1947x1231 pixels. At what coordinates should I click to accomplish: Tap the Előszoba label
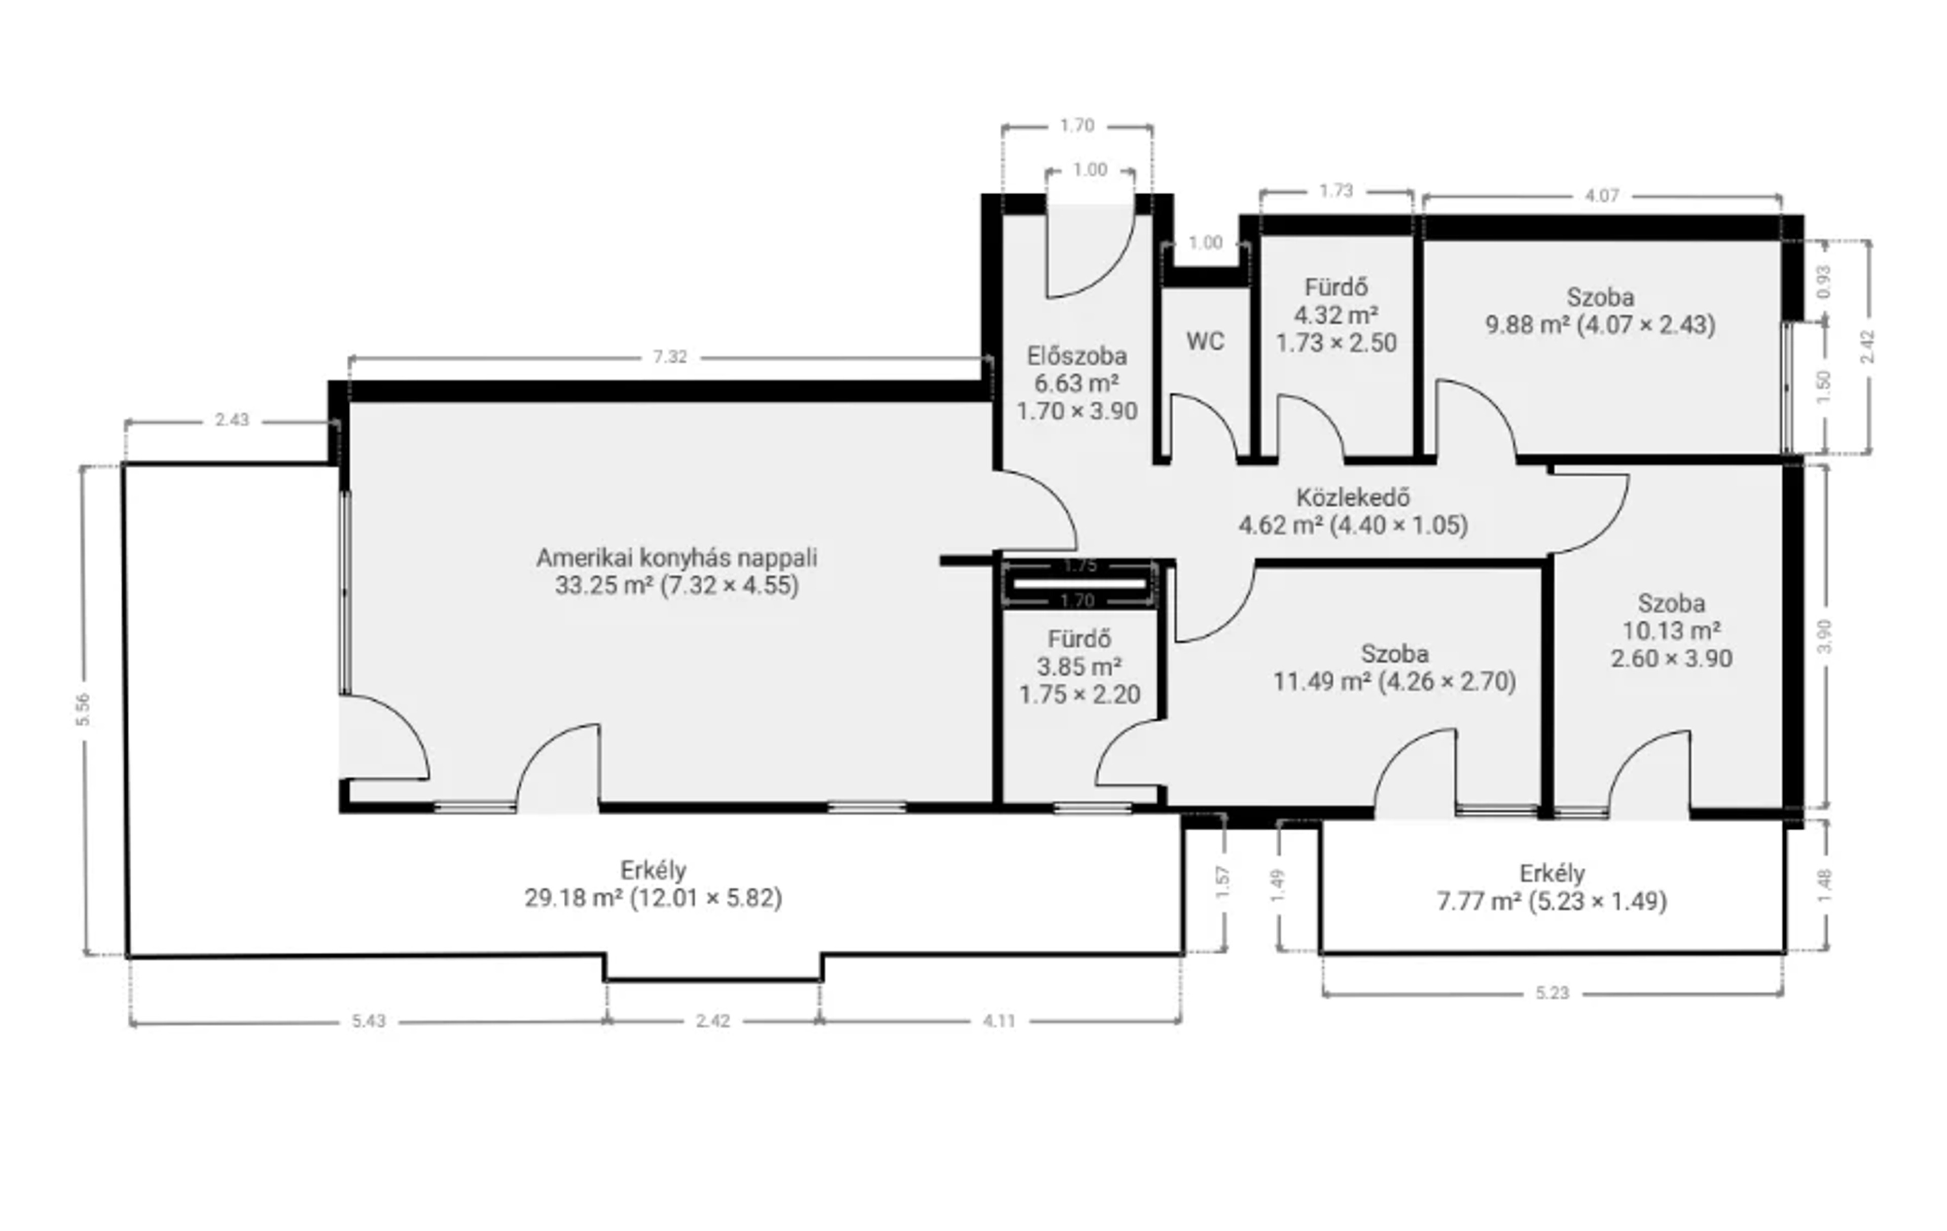point(1077,356)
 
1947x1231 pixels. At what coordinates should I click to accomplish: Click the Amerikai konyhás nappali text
point(677,557)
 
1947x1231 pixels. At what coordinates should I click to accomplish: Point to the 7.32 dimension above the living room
point(670,357)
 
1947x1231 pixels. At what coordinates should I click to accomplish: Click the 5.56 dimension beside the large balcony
point(83,710)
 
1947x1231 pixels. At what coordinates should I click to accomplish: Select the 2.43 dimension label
point(232,420)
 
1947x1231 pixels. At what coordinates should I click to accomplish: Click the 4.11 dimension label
point(999,1021)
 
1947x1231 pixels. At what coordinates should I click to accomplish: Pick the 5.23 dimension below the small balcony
point(1553,993)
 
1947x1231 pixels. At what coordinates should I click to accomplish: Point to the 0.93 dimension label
point(1824,282)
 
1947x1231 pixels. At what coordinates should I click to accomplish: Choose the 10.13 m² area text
point(1671,630)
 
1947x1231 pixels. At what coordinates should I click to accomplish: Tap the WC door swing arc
point(1221,412)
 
